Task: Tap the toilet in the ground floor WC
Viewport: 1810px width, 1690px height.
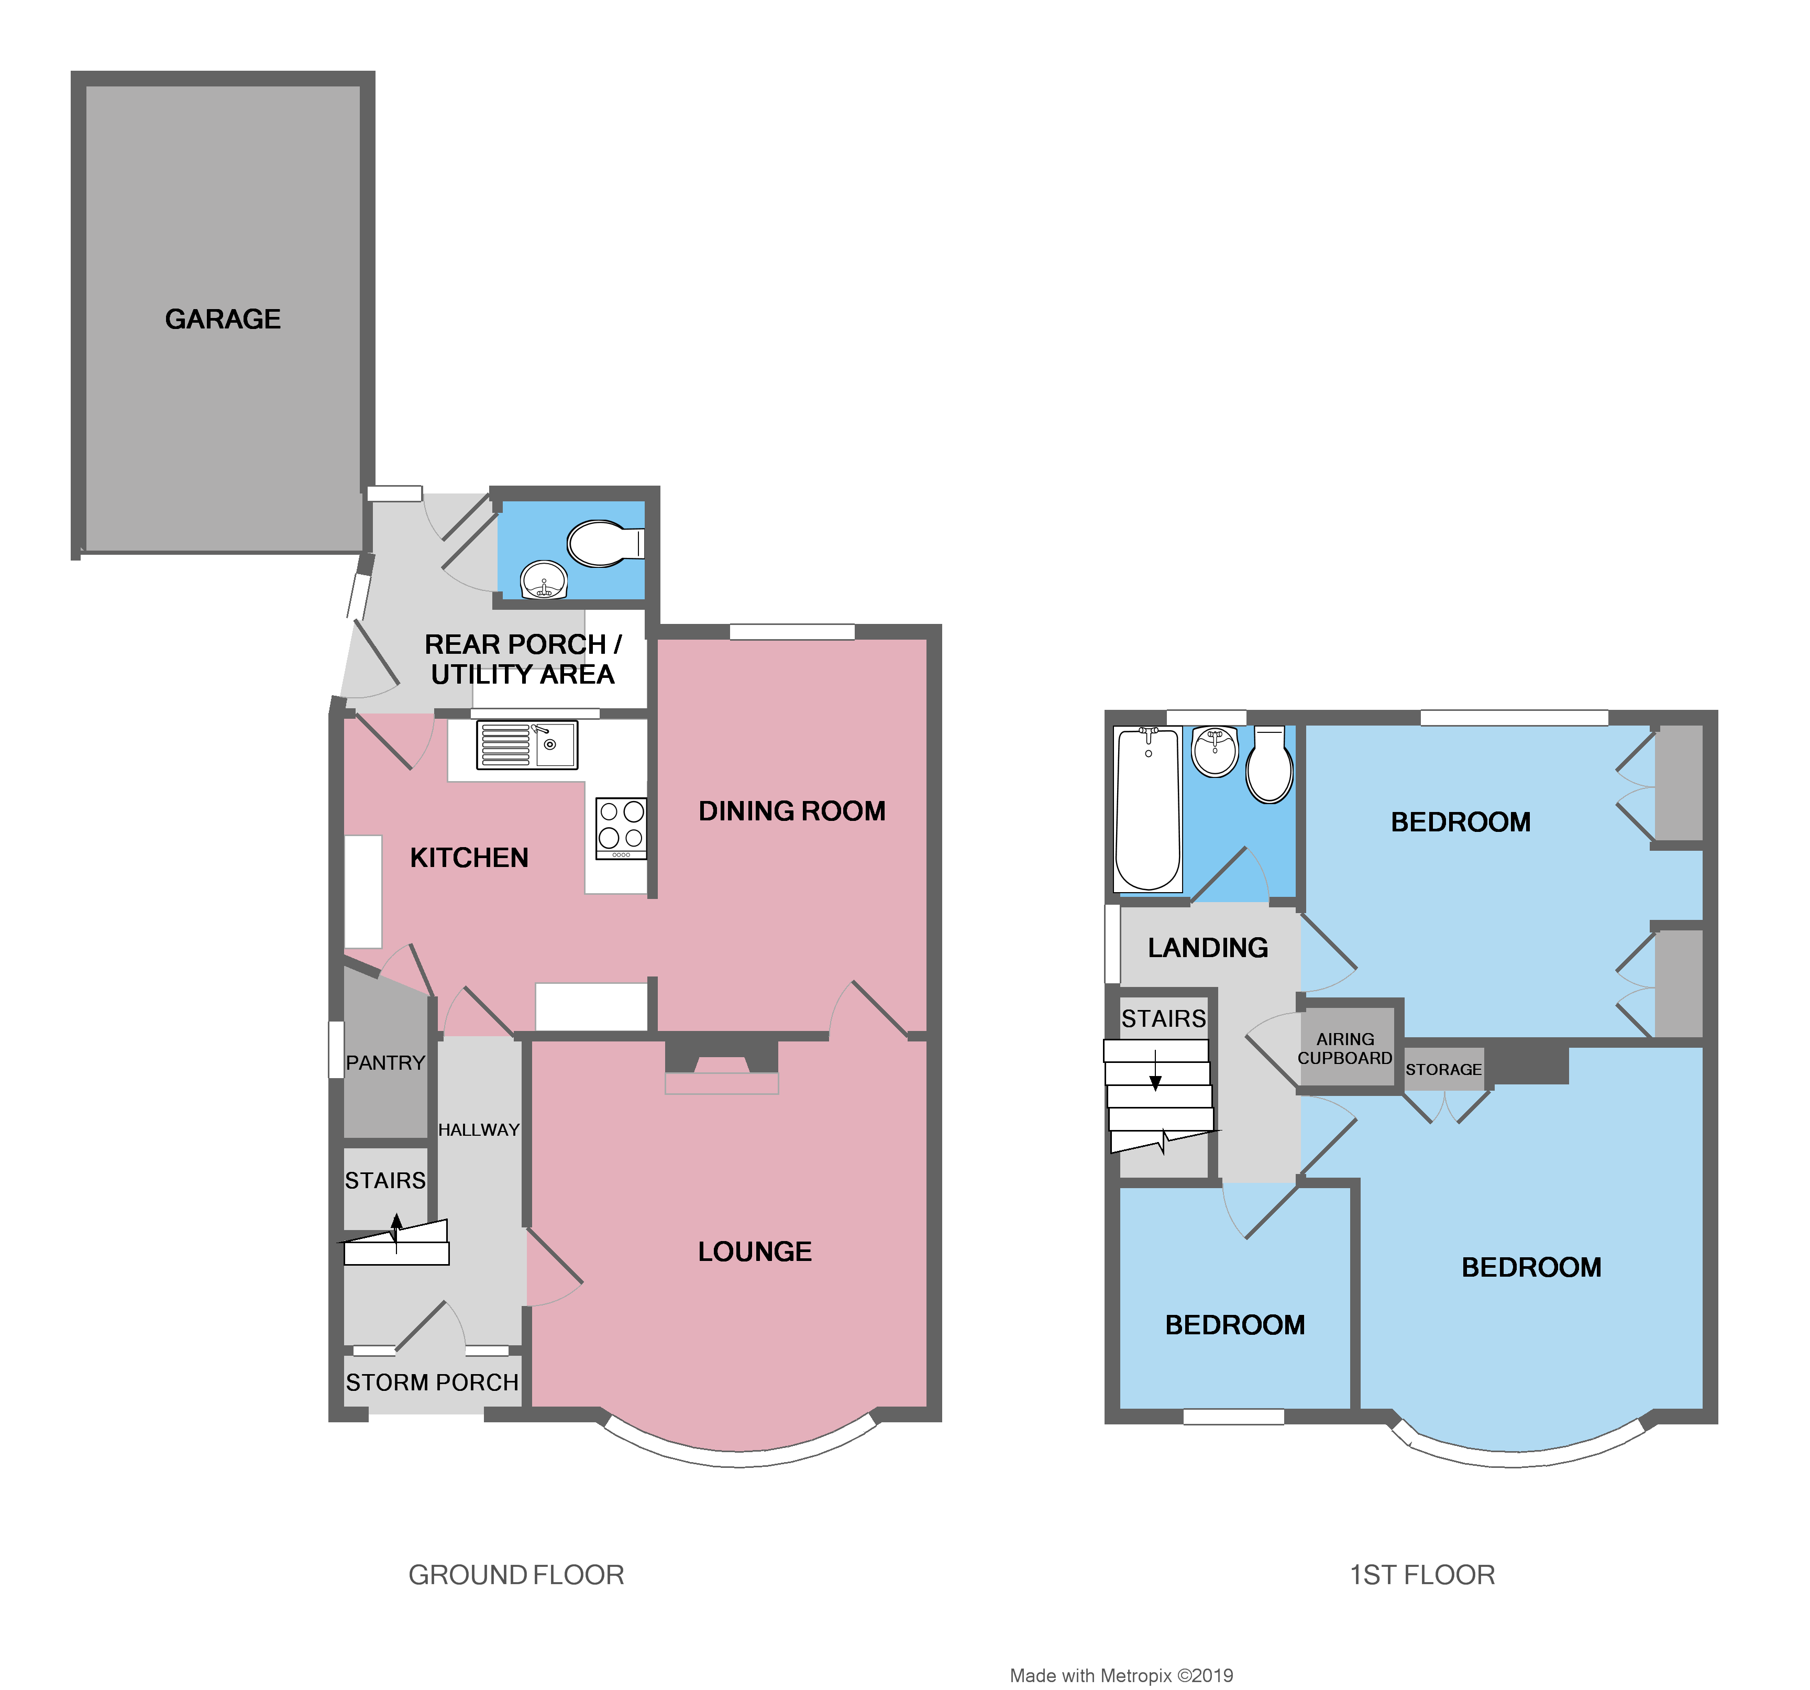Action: (601, 544)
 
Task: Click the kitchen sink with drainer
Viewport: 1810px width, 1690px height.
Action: (526, 745)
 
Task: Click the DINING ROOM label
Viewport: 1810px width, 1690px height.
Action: (791, 811)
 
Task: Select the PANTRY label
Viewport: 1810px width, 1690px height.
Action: (385, 1062)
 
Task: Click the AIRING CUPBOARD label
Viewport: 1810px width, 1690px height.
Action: (1345, 1048)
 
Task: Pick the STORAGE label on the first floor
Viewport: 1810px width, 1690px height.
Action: (1443, 1069)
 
